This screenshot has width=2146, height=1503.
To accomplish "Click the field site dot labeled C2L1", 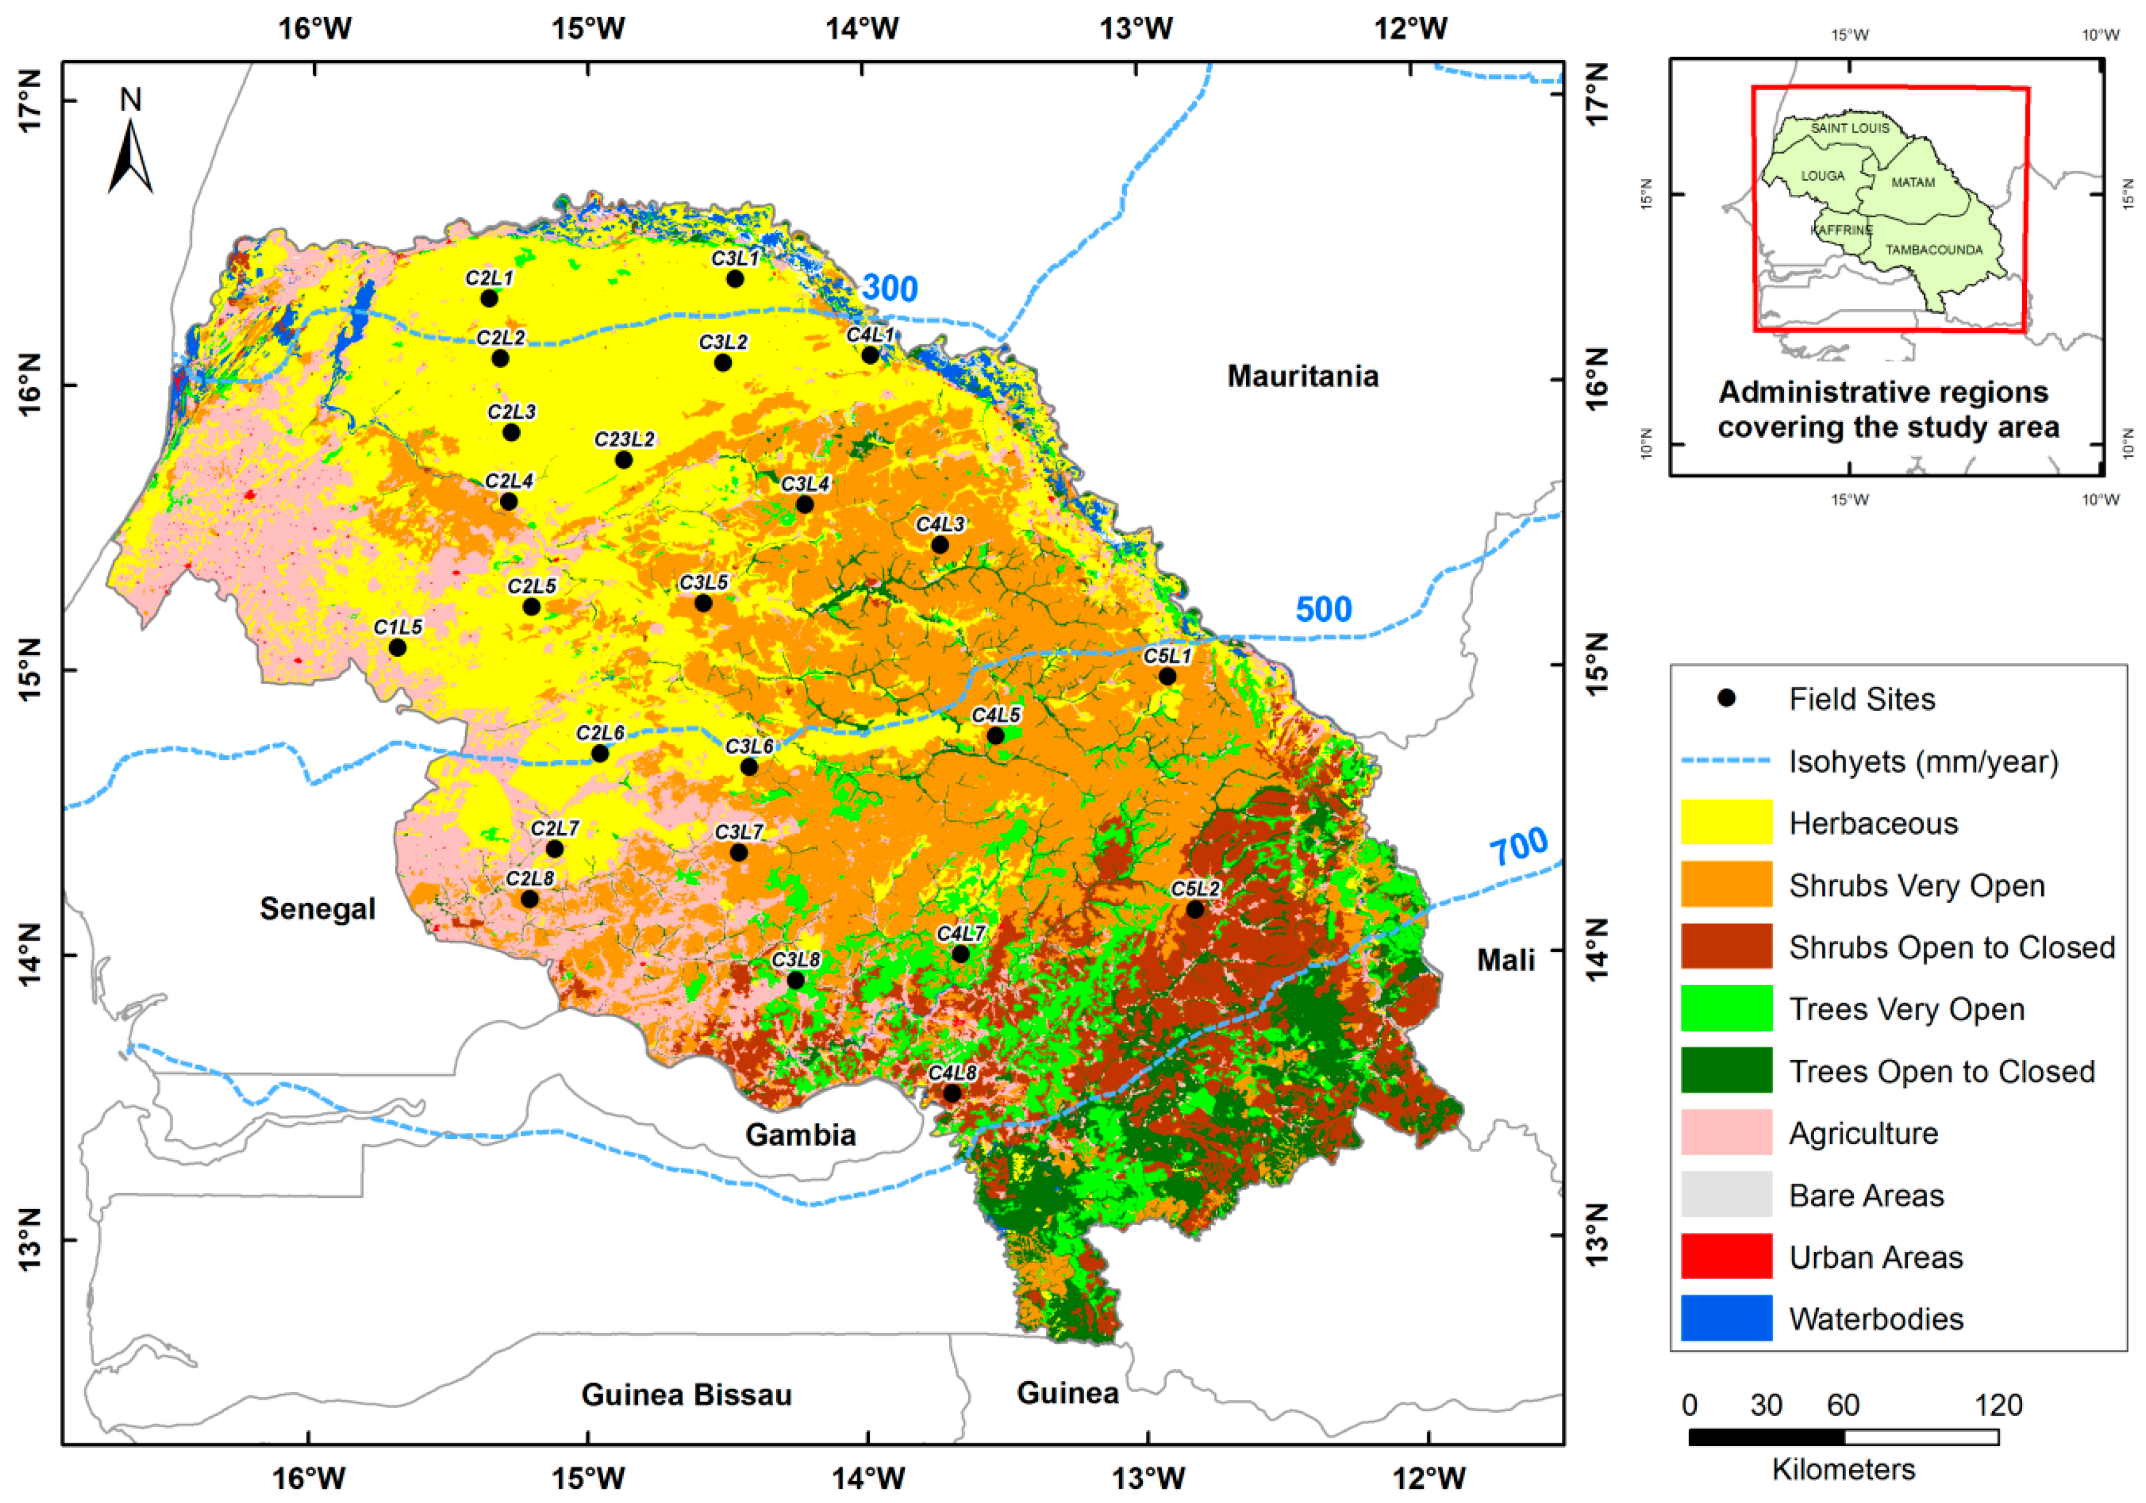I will (489, 298).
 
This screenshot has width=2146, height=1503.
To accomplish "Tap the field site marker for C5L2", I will (1194, 909).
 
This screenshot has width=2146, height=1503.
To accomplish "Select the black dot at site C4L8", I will (952, 1092).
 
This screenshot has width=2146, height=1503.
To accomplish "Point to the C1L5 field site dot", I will (397, 648).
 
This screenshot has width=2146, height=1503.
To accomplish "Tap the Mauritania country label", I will (1302, 376).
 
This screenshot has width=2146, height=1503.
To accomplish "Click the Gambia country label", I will (800, 1135).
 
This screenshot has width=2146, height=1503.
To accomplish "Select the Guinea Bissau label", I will (686, 1395).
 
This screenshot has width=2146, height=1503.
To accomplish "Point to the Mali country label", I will (1505, 960).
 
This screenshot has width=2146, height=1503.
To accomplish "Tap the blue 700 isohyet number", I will (1518, 847).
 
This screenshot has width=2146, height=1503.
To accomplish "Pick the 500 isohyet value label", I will (1322, 610).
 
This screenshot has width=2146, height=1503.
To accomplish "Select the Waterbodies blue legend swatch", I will (1725, 1318).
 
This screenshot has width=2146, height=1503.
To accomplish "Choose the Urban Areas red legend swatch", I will (1725, 1256).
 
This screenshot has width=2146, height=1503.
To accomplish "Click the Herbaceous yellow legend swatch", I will (1725, 822).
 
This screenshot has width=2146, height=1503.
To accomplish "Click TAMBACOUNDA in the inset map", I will (1933, 249).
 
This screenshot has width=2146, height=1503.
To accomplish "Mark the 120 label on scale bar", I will (1998, 1405).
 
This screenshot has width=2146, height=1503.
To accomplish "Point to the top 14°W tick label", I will (861, 28).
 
